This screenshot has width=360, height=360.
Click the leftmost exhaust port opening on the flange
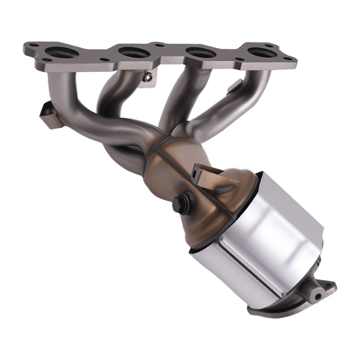[x=58, y=53]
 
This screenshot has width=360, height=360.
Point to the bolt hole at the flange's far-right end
[x=288, y=59]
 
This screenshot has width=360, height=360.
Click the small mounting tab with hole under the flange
[x=148, y=77]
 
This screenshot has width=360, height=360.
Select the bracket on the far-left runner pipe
[x=48, y=114]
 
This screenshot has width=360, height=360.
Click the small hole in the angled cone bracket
[x=196, y=174]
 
